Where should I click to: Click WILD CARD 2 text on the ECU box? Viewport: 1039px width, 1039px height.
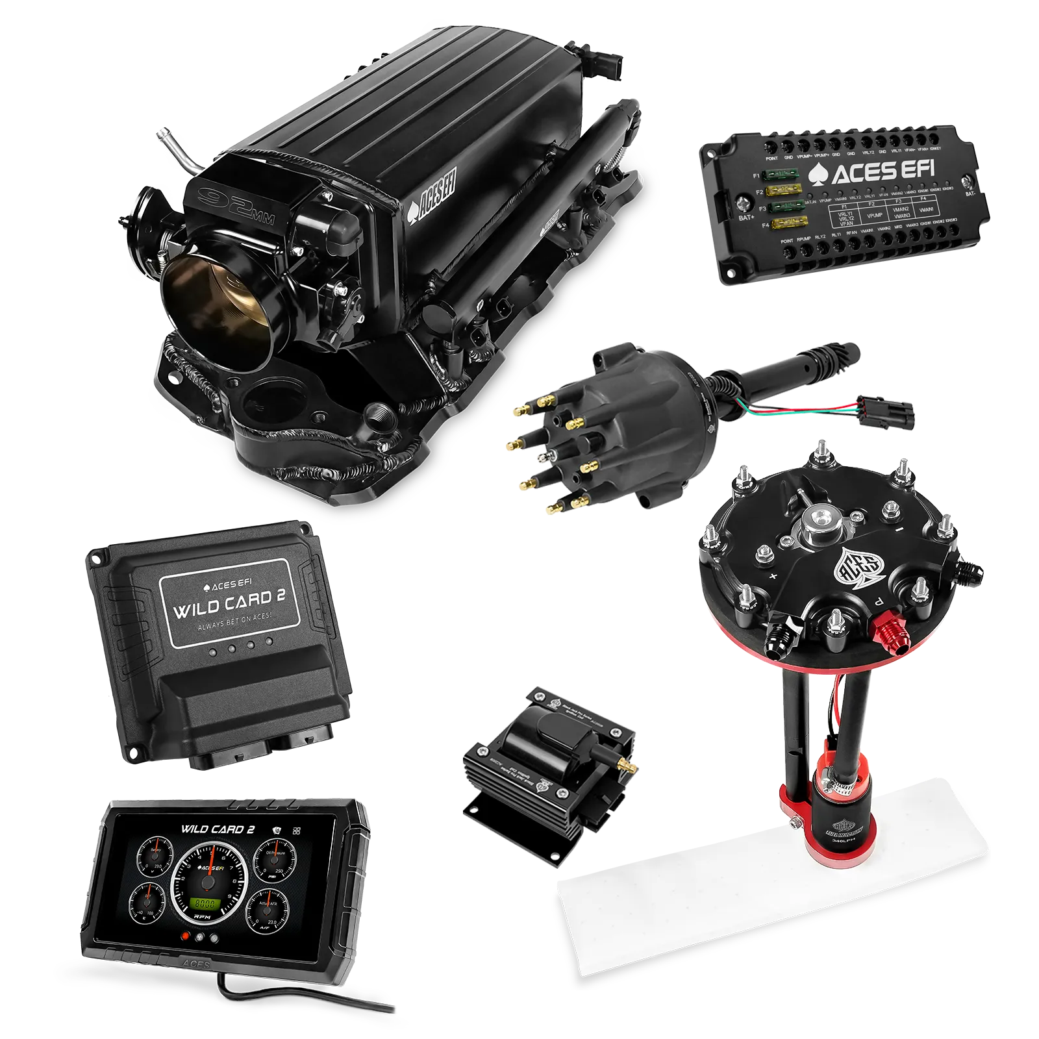tap(229, 605)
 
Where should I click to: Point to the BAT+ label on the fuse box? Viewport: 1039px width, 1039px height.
tap(746, 218)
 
